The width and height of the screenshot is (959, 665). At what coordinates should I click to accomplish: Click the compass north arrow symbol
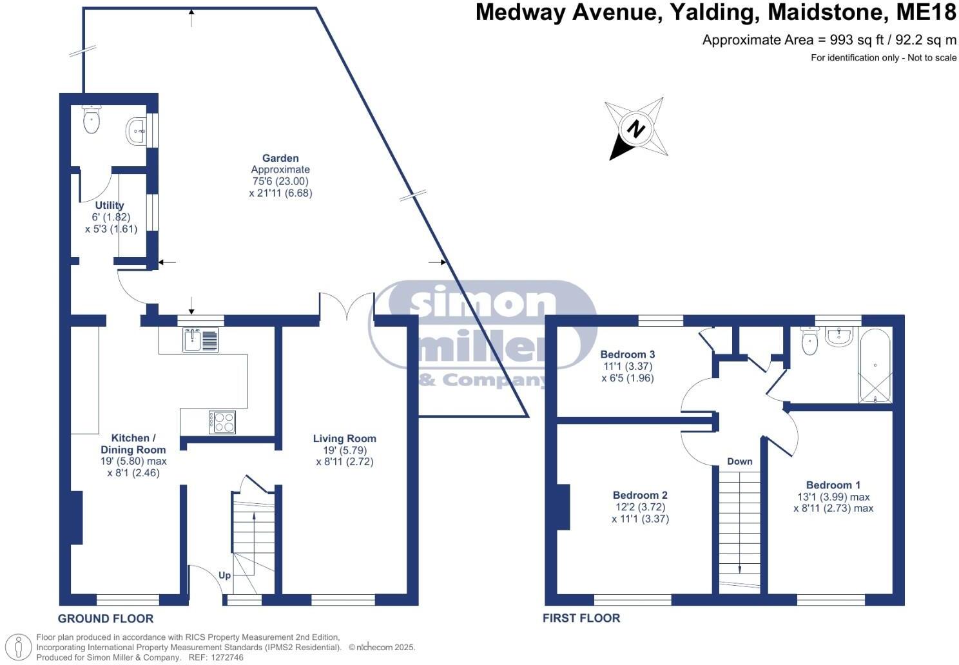pyautogui.click(x=636, y=129)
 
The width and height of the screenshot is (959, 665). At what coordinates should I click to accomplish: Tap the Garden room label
pyautogui.click(x=280, y=158)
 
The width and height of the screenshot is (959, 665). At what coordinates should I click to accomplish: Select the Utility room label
pyautogui.click(x=110, y=206)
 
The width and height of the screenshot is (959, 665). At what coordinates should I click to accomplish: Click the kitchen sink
pyautogui.click(x=200, y=340)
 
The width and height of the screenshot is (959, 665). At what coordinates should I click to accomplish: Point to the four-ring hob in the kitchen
pyautogui.click(x=222, y=422)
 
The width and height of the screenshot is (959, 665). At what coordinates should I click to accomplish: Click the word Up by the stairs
pyautogui.click(x=224, y=575)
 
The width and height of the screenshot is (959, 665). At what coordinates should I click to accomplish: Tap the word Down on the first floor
pyautogui.click(x=739, y=461)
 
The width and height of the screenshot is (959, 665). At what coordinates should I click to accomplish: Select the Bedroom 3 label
pyautogui.click(x=627, y=354)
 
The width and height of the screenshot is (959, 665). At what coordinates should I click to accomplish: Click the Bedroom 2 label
pyautogui.click(x=640, y=495)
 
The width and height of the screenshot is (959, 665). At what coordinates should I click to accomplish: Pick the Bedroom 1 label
pyautogui.click(x=833, y=485)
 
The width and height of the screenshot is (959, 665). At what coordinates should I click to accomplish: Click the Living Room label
pyautogui.click(x=344, y=439)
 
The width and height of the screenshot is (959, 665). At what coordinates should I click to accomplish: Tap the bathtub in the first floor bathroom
pyautogui.click(x=875, y=365)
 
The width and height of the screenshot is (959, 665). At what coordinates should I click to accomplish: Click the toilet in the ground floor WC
pyautogui.click(x=92, y=120)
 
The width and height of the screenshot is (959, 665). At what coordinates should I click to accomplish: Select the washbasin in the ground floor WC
pyautogui.click(x=137, y=131)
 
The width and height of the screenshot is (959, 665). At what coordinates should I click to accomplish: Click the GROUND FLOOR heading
pyautogui.click(x=106, y=619)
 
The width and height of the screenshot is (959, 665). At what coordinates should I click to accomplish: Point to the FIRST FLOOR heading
pyautogui.click(x=581, y=618)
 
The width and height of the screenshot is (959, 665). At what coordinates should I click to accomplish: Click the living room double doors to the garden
pyautogui.click(x=347, y=307)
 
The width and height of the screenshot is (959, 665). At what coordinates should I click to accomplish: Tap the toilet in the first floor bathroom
pyautogui.click(x=809, y=341)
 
